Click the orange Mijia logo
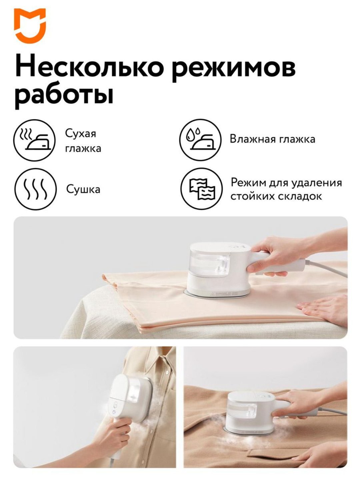[30, 26]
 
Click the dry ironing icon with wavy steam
[34, 140]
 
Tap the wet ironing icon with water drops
[200, 140]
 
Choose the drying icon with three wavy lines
[36, 189]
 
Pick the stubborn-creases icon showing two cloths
[201, 189]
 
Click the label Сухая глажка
[83, 141]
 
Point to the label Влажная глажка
[272, 139]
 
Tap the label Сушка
[83, 189]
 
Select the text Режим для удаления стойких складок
[286, 189]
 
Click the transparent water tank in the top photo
[210, 264]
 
